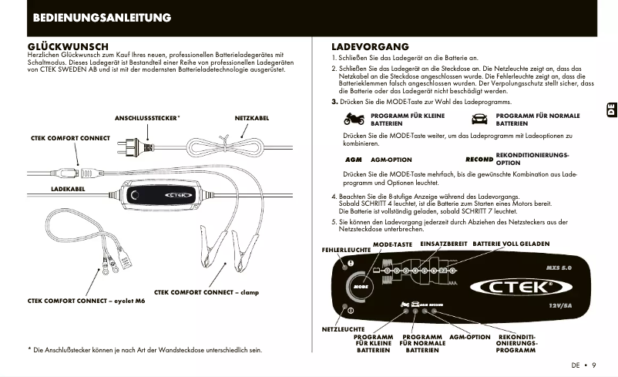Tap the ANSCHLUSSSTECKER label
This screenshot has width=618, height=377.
(x=147, y=119)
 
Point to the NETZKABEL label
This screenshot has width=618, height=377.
(x=251, y=119)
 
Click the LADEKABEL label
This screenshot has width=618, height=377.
(x=67, y=188)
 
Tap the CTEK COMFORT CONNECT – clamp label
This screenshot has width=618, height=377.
(x=207, y=292)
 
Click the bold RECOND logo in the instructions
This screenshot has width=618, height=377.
(x=479, y=160)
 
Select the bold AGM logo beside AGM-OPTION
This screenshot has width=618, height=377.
(x=353, y=160)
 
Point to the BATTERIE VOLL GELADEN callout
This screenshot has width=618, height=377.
(x=511, y=244)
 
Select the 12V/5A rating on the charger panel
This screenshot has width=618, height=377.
(x=560, y=305)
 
